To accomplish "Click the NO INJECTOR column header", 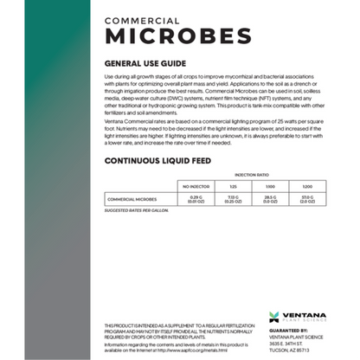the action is tap(195, 186).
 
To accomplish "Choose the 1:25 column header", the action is tap(233, 186).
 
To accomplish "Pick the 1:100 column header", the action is tap(269, 186).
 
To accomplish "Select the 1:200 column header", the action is tap(307, 186).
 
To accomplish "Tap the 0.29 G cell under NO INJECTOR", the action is tap(195, 200).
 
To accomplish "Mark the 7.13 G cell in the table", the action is tap(233, 200).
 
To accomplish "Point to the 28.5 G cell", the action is tap(269, 200).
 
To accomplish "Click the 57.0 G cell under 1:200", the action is tap(307, 200).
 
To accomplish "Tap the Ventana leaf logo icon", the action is tap(274, 317).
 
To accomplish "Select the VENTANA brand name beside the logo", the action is tap(303, 315).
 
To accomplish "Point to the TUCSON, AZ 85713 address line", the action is tap(294, 349).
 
